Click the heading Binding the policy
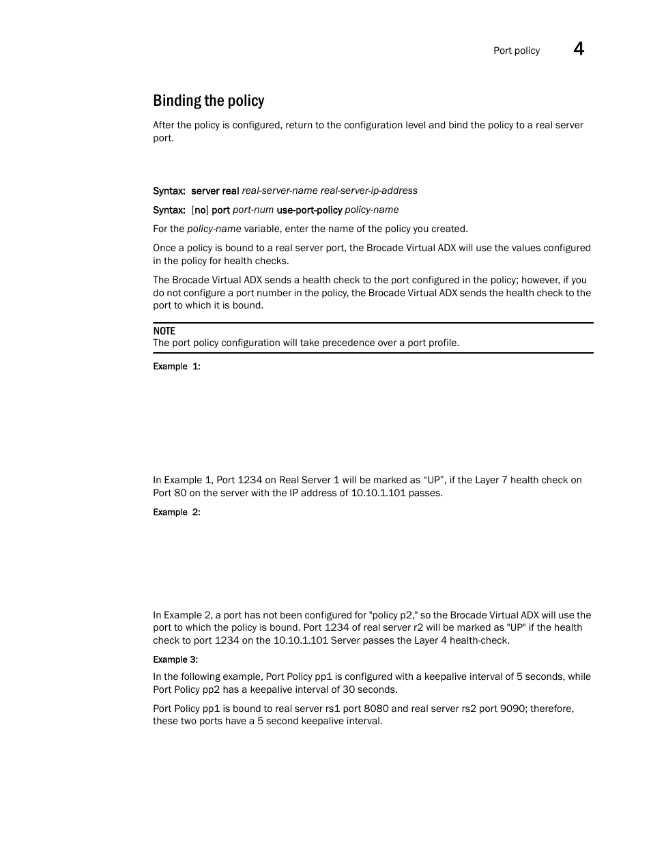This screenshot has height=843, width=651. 208,101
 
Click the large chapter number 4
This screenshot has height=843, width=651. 578,48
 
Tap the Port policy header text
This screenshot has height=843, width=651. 516,51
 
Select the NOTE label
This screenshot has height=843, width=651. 164,331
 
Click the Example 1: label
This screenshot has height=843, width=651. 176,367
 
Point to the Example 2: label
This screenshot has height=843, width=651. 176,512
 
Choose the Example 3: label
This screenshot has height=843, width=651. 175,659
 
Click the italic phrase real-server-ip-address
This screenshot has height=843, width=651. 368,190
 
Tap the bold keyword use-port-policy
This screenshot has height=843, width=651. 309,210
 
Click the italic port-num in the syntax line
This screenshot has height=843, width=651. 252,210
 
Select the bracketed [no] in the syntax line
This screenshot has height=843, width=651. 200,210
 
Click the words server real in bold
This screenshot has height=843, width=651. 215,191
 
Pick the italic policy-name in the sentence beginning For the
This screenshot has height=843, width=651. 214,229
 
